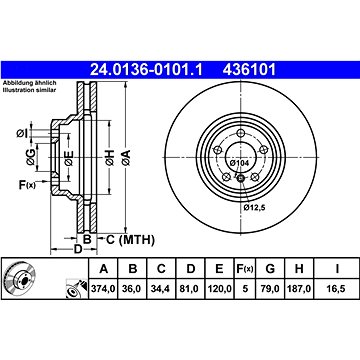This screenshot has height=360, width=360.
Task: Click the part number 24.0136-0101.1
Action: coord(146,70)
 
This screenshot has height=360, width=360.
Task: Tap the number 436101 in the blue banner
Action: coord(249,70)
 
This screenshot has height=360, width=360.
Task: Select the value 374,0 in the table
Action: coord(104,289)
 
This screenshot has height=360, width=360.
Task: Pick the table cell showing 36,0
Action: coord(132,289)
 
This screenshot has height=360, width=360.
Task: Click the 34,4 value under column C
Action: coord(161,289)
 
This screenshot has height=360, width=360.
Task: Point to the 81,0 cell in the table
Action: coord(190,289)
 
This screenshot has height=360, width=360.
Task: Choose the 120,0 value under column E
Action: coord(219,289)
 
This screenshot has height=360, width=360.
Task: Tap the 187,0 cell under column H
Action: coord(299,289)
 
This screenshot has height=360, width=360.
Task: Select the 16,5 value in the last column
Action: coord(337,289)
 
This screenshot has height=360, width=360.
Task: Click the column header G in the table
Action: coord(270,269)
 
